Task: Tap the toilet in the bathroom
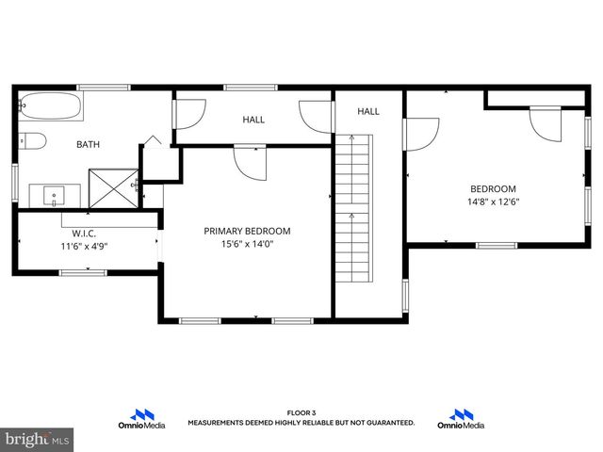point(34,142)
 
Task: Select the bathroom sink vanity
point(55,196)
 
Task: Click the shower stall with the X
point(111,187)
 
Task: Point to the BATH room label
point(88,145)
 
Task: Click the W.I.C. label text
point(85,233)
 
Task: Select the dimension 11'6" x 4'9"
point(85,246)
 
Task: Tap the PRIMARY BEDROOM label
point(247,231)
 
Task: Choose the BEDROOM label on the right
point(493,188)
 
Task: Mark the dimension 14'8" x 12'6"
point(493,202)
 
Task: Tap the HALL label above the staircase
point(367,112)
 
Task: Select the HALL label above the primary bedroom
point(253,120)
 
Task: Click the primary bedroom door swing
point(252,162)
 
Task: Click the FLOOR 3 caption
point(301,413)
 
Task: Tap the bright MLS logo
point(38,439)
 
